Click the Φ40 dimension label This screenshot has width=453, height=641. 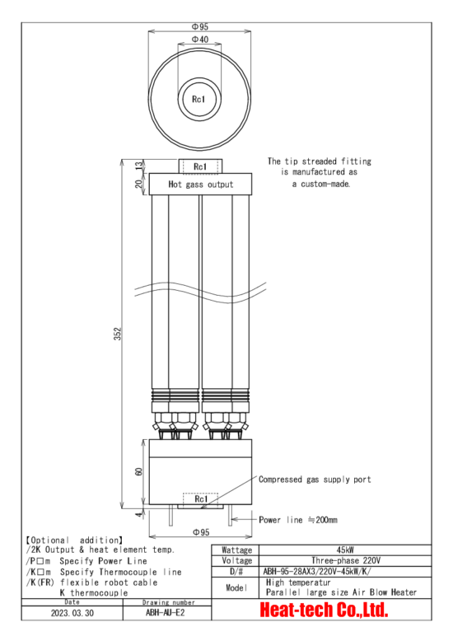(200, 40)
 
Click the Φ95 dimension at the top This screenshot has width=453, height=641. (200, 26)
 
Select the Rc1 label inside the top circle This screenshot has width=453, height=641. (198, 99)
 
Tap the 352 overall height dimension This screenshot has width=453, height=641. (118, 334)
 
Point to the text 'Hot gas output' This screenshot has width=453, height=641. (201, 185)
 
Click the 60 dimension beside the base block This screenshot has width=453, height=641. (139, 471)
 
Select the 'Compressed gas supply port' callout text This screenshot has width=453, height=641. (315, 480)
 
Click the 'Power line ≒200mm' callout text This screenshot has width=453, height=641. (298, 520)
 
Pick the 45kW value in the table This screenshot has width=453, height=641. (344, 550)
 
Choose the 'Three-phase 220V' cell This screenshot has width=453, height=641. (345, 560)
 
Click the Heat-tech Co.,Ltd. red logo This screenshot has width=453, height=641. (324, 610)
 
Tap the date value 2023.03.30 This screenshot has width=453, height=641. (72, 613)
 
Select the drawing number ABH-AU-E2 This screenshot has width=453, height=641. (166, 612)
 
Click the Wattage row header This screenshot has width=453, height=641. (236, 550)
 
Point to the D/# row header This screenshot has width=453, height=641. (236, 571)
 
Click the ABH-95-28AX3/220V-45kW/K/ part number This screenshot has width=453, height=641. (317, 571)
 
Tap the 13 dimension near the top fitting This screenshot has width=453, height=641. (140, 166)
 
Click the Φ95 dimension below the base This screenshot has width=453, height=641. (201, 532)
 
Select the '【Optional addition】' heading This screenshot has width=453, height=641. (74, 540)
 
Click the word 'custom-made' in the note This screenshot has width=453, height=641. (325, 184)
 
